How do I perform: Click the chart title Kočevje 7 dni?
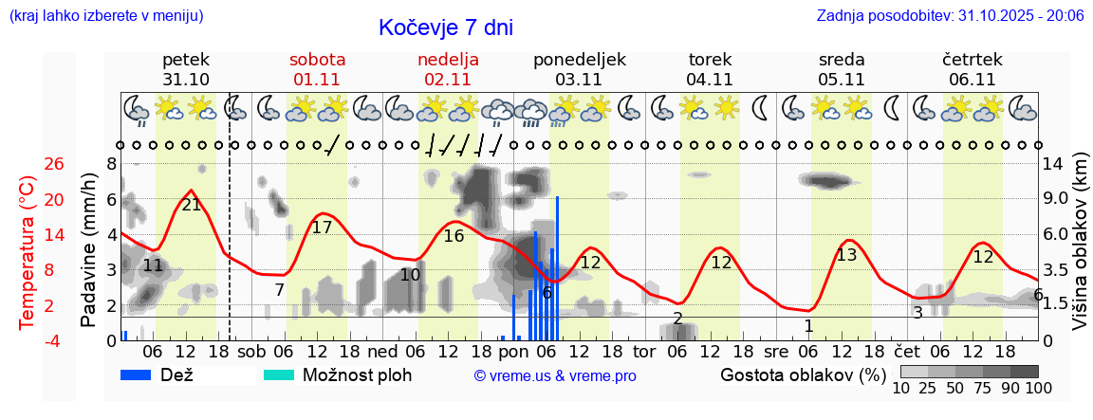(445, 28)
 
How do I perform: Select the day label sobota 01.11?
(317, 69)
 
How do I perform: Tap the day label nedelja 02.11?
(448, 69)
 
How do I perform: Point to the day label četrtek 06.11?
(972, 69)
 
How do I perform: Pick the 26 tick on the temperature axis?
(55, 164)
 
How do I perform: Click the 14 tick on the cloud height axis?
(1055, 164)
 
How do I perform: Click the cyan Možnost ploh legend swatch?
(280, 374)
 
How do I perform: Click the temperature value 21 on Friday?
(192, 205)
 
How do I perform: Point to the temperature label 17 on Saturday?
(322, 228)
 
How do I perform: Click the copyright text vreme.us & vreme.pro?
(554, 375)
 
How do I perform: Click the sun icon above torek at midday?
(726, 107)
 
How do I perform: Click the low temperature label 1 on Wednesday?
(808, 326)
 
